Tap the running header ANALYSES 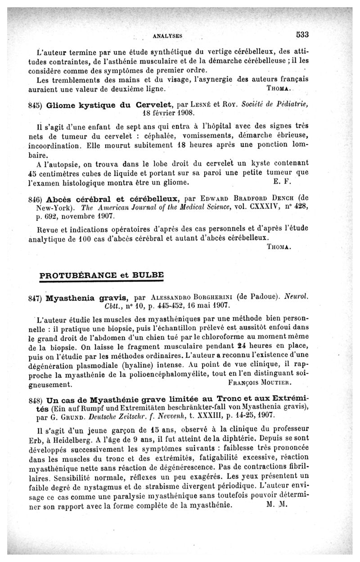click(x=167, y=35)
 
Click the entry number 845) click(x=35, y=105)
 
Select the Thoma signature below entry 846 click(x=280, y=247)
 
